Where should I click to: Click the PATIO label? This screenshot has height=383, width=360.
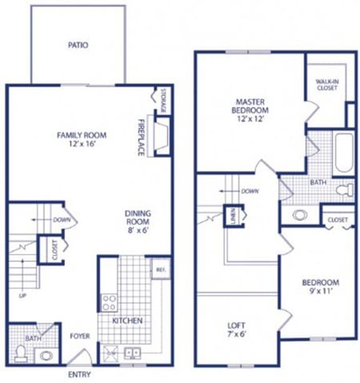click(x=78, y=45)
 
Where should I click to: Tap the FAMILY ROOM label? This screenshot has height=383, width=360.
click(x=82, y=134)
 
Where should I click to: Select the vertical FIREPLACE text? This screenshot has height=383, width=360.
click(x=141, y=136)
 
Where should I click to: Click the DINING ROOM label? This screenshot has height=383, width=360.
click(x=137, y=217)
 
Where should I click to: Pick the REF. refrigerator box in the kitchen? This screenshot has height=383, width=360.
click(x=160, y=269)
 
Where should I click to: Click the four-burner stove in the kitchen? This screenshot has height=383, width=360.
click(x=109, y=302)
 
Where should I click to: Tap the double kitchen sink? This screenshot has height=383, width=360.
click(x=132, y=353)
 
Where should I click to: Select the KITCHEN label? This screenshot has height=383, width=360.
click(x=127, y=321)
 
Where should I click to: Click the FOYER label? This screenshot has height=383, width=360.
click(x=80, y=336)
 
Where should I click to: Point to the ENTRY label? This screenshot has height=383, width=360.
click(x=79, y=375)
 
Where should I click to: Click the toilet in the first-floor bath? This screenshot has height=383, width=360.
click(x=21, y=354)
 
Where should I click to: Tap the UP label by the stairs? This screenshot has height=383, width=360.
click(x=23, y=295)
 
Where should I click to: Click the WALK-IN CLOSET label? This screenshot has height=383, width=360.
click(x=326, y=84)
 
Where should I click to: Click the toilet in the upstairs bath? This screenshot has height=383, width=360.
click(x=344, y=190)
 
